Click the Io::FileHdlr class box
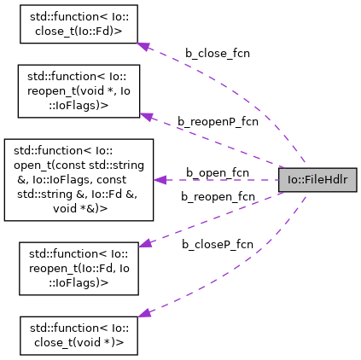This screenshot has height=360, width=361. click(317, 180)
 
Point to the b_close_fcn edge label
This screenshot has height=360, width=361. click(218, 53)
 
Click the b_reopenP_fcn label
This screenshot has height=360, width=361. click(218, 122)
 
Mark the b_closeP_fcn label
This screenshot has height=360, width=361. click(217, 244)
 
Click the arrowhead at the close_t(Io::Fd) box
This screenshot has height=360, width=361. click(144, 46)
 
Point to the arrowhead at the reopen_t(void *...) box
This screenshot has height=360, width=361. click(146, 115)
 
